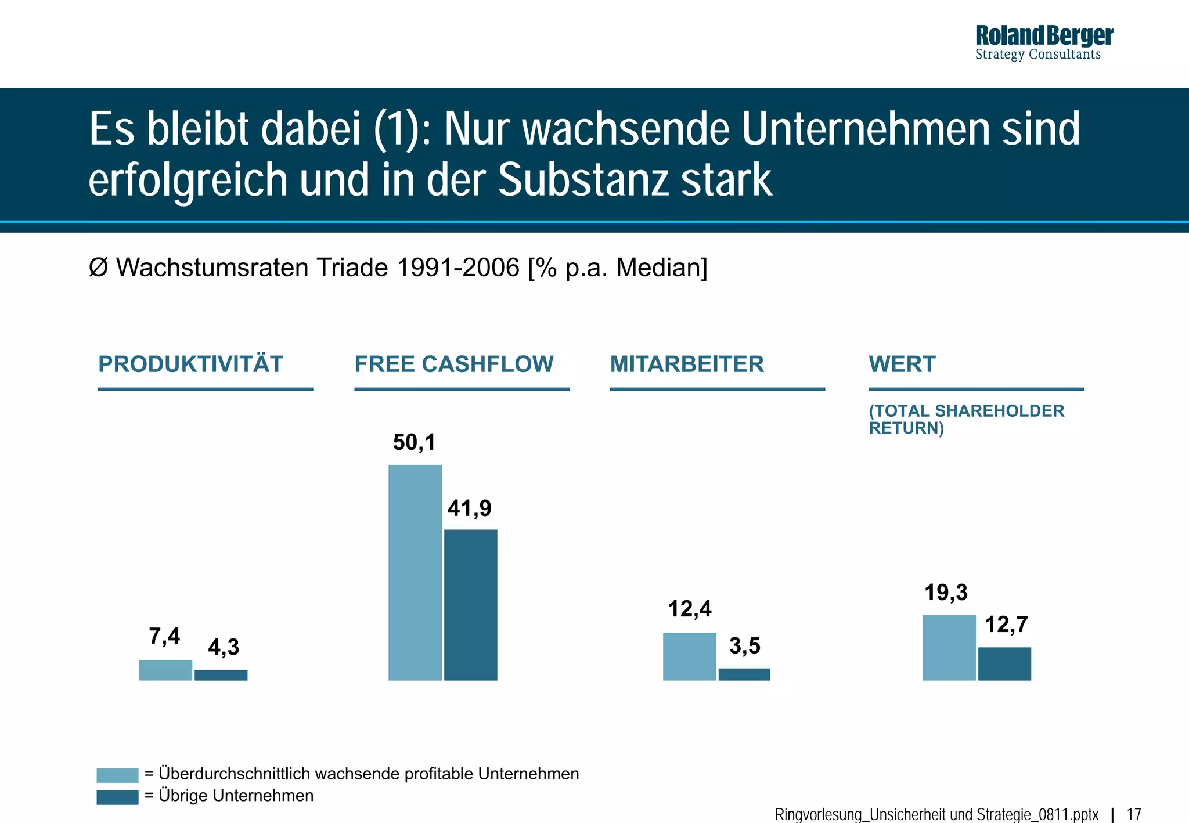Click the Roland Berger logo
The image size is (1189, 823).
1043,42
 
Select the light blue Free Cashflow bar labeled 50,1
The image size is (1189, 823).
415,572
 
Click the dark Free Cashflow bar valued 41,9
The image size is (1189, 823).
470,604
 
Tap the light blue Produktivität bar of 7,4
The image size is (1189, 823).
165,670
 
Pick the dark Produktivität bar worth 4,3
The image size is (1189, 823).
221,675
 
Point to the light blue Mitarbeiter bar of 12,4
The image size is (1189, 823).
689,656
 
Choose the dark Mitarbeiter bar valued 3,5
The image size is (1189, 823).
744,674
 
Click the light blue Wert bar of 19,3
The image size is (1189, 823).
949,647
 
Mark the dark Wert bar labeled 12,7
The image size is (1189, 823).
1004,663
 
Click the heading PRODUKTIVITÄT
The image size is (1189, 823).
190,364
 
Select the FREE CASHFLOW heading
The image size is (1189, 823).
454,364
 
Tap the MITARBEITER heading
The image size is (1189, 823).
687,364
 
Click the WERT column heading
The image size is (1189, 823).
902,364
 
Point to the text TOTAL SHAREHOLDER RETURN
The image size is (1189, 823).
966,419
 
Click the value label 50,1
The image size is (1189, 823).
414,442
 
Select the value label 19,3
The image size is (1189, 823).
946,593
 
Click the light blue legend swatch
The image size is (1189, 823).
117,775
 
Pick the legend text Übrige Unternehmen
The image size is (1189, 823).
236,795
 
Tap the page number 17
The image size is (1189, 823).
1134,814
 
